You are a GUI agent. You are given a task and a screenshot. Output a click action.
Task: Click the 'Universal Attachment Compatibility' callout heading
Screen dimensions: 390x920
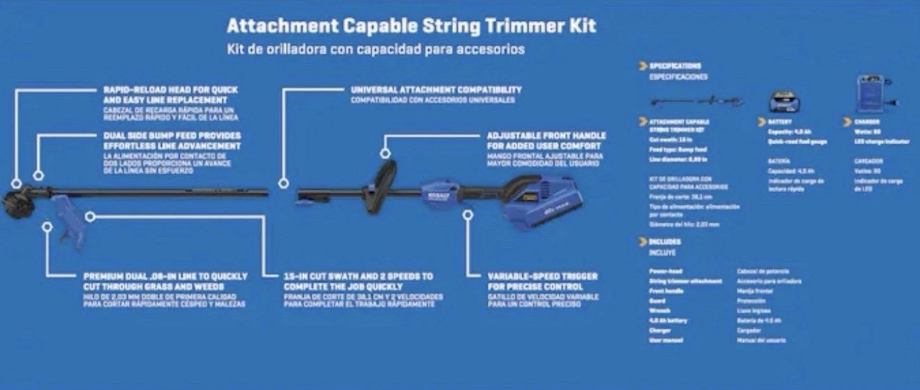[x=436, y=90]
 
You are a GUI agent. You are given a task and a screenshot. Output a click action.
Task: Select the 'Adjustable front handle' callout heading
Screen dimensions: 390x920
[x=546, y=141]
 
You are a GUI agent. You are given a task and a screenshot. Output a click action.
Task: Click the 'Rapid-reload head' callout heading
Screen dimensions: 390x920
[x=171, y=95]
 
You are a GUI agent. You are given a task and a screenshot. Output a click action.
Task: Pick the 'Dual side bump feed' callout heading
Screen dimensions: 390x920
[x=172, y=141]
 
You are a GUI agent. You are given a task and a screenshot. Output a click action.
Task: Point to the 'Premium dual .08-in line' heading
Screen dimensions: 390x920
[x=165, y=281]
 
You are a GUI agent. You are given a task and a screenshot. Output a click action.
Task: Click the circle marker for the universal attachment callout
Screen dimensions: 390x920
[x=283, y=183]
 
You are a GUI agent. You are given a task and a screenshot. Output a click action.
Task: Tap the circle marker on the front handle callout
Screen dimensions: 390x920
[x=384, y=153]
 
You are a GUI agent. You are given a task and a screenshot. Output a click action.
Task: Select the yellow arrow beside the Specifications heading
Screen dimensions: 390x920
[x=643, y=65]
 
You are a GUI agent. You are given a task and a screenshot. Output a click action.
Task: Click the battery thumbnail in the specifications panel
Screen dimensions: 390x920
[x=783, y=102]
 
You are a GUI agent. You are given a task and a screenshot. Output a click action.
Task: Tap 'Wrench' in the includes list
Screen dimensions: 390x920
[x=660, y=311]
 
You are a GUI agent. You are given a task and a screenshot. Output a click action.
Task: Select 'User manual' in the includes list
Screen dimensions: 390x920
[x=666, y=340]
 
